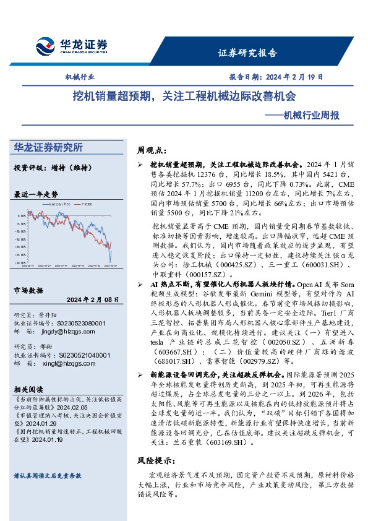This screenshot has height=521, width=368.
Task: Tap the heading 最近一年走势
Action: pyautogui.click(x=35, y=194)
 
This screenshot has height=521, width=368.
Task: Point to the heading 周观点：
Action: pyautogui.click(x=152, y=150)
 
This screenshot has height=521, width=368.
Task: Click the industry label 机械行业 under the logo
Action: pyautogui.click(x=80, y=77)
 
